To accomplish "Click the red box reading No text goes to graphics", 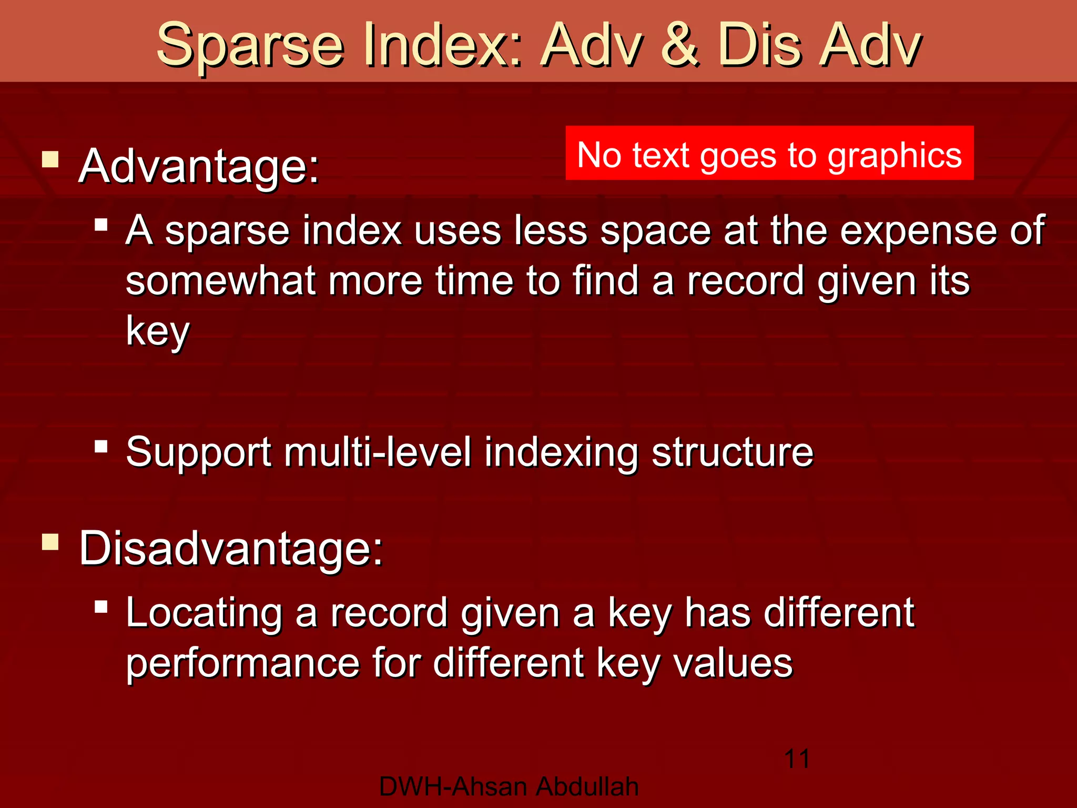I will point(769,154).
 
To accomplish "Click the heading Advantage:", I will point(199,167).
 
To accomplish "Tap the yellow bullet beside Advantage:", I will point(50,159).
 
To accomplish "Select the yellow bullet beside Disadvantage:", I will point(50,541).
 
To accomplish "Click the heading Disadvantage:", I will point(231,549).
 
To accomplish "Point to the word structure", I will point(732,452).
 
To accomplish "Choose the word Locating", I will point(204,613).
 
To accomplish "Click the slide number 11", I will point(797,759).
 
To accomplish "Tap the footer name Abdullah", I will point(587,787).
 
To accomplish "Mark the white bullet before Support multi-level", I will point(101,447).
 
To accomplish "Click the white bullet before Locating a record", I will point(101,608).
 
